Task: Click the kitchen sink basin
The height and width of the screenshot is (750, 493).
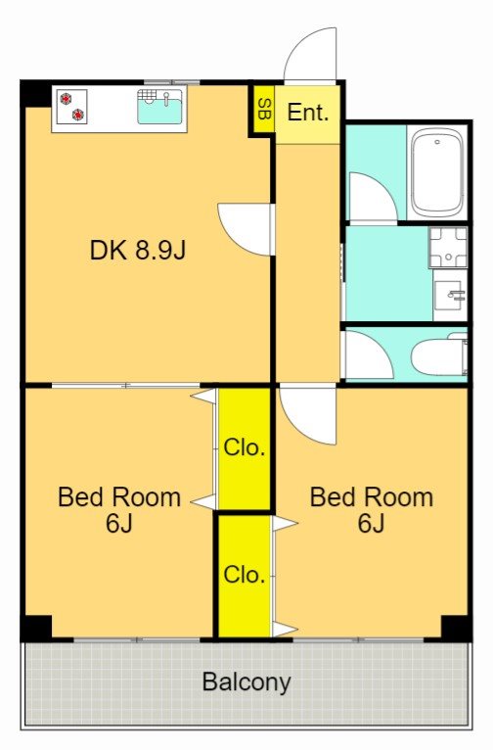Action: [159, 107]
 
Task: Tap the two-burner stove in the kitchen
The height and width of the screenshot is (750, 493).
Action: [71, 107]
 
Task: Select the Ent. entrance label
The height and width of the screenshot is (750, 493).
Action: [308, 112]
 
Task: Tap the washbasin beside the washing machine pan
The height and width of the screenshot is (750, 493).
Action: [450, 294]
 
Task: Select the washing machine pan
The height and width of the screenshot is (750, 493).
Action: [448, 248]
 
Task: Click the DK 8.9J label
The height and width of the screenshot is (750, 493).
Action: [137, 250]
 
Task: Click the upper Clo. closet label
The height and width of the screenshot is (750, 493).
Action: [245, 447]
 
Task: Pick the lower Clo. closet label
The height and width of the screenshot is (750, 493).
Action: [245, 574]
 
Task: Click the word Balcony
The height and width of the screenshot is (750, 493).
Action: [246, 682]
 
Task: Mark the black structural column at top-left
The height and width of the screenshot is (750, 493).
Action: [36, 94]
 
